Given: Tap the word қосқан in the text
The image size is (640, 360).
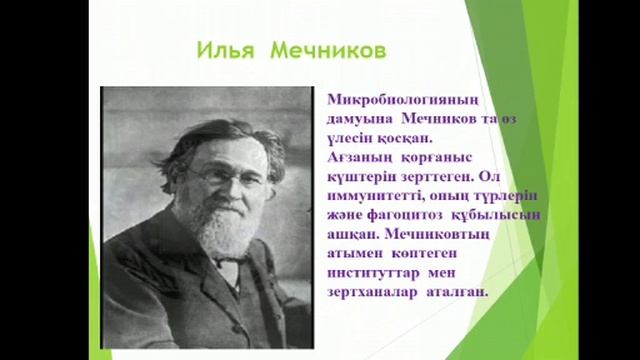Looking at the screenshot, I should coord(392,140).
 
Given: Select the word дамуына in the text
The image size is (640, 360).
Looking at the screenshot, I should coord(364,121).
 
